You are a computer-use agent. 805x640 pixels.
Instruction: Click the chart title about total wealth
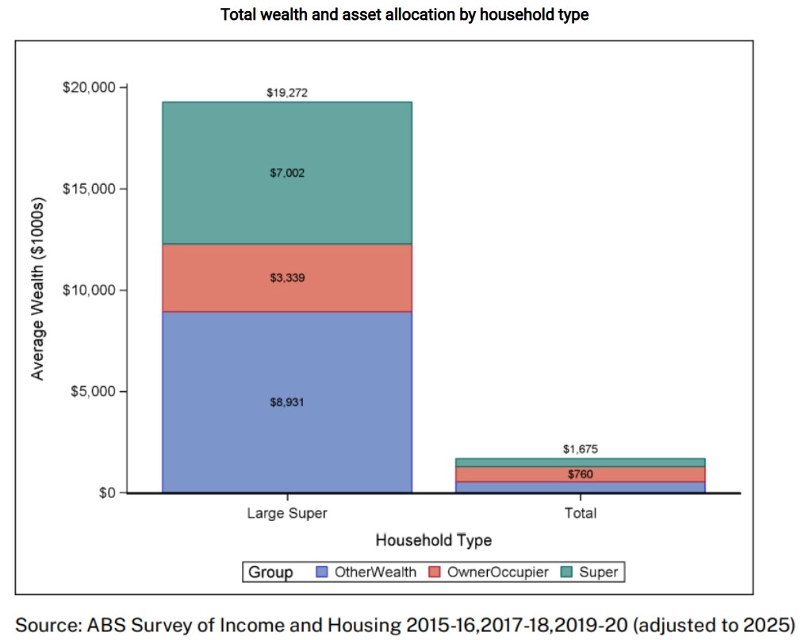click(404, 15)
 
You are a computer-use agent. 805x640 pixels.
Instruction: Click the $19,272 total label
click(286, 93)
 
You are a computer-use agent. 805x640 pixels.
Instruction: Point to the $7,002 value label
click(286, 172)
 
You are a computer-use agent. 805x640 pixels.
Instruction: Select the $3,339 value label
click(286, 278)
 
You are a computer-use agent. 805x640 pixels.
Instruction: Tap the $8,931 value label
click(286, 402)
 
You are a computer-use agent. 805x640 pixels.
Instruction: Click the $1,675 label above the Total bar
click(580, 449)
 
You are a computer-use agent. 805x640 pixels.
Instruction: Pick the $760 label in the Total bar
click(580, 475)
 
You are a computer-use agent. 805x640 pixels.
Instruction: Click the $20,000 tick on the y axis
click(89, 87)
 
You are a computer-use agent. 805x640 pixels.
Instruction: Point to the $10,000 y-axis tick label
click(89, 290)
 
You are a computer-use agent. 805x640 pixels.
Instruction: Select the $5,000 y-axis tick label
click(92, 392)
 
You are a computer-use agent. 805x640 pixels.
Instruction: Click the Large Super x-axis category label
click(286, 513)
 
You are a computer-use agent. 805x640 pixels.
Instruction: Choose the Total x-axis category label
click(580, 513)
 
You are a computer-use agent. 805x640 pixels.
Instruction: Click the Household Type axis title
click(433, 541)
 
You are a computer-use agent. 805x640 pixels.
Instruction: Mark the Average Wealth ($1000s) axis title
click(37, 290)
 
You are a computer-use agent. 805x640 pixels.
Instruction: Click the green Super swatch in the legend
click(567, 572)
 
